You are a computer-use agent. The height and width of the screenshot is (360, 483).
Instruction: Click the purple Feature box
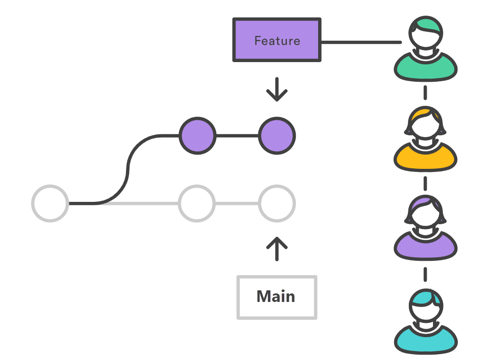click(277, 40)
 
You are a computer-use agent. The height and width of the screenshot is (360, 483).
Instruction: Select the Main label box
click(277, 297)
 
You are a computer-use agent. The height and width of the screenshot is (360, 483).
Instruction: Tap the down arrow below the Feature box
click(277, 90)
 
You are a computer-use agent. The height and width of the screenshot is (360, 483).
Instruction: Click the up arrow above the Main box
click(277, 248)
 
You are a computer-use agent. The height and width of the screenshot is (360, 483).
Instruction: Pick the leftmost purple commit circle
click(197, 136)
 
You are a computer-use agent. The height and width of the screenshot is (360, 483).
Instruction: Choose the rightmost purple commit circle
click(277, 136)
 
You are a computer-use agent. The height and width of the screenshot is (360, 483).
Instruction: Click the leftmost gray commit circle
click(50, 203)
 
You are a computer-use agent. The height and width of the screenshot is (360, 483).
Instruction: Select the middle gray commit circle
click(197, 203)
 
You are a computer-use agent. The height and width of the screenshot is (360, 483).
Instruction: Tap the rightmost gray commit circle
click(277, 203)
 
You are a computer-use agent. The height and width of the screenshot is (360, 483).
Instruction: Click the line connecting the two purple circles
click(237, 136)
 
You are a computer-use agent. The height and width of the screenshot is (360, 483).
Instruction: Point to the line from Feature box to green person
click(361, 42)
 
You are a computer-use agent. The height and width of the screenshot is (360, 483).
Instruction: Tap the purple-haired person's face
click(425, 214)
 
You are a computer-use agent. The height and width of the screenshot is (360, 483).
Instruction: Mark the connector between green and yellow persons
click(425, 92)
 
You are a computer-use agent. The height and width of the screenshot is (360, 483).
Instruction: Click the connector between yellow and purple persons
click(425, 183)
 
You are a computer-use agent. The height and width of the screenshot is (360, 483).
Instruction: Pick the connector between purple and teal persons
click(425, 274)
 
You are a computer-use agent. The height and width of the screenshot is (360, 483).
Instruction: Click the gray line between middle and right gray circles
click(237, 203)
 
